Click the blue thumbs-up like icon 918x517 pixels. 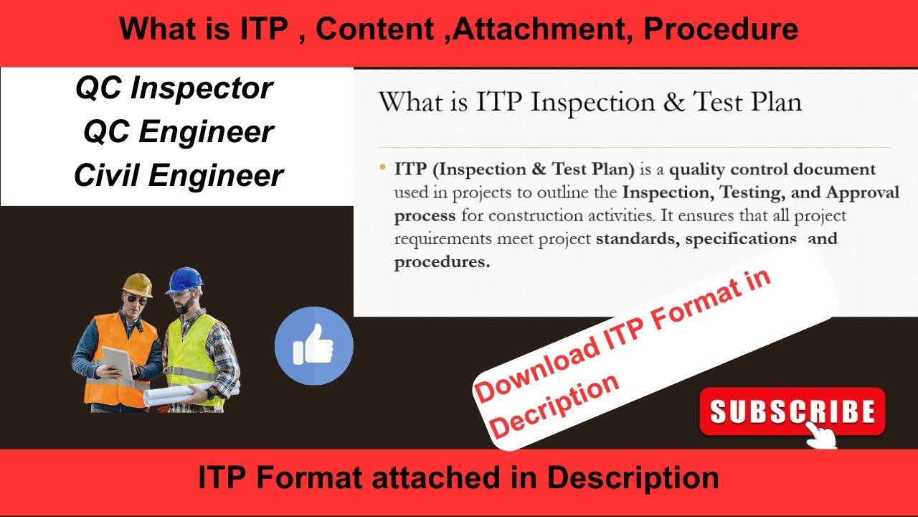pyautogui.click(x=313, y=346)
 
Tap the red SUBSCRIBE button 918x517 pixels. pyautogui.click(x=792, y=411)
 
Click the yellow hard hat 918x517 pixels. pyautogui.click(x=138, y=284)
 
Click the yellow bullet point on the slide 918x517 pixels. pyautogui.click(x=382, y=168)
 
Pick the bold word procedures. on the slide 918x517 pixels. pyautogui.click(x=442, y=261)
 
